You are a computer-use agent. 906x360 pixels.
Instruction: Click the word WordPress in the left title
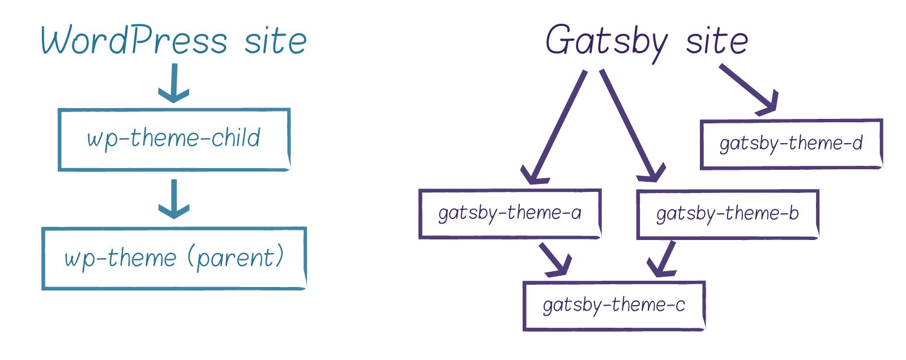[134, 41]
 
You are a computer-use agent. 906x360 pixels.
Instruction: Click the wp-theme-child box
[174, 139]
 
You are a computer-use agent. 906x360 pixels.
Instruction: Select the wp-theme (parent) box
[174, 259]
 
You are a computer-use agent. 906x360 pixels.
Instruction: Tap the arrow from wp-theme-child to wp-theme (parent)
[174, 199]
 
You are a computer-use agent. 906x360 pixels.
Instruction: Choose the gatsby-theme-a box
[510, 213]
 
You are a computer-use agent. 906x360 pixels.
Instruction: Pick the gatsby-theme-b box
[728, 214]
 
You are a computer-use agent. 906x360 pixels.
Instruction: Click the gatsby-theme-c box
[614, 306]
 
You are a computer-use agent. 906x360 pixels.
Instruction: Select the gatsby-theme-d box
[791, 144]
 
